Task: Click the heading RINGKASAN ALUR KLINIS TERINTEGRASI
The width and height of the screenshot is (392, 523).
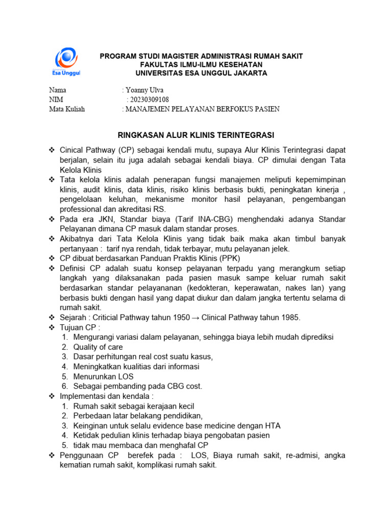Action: click(x=196, y=135)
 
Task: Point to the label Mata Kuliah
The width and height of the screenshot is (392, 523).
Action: click(x=67, y=109)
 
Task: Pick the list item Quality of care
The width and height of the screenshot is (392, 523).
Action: click(x=98, y=347)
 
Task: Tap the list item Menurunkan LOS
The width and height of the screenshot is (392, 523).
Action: click(x=104, y=376)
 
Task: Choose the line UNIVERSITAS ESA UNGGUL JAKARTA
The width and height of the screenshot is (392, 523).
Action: click(x=197, y=73)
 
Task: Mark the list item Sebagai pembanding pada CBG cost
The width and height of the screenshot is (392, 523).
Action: click(x=138, y=386)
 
